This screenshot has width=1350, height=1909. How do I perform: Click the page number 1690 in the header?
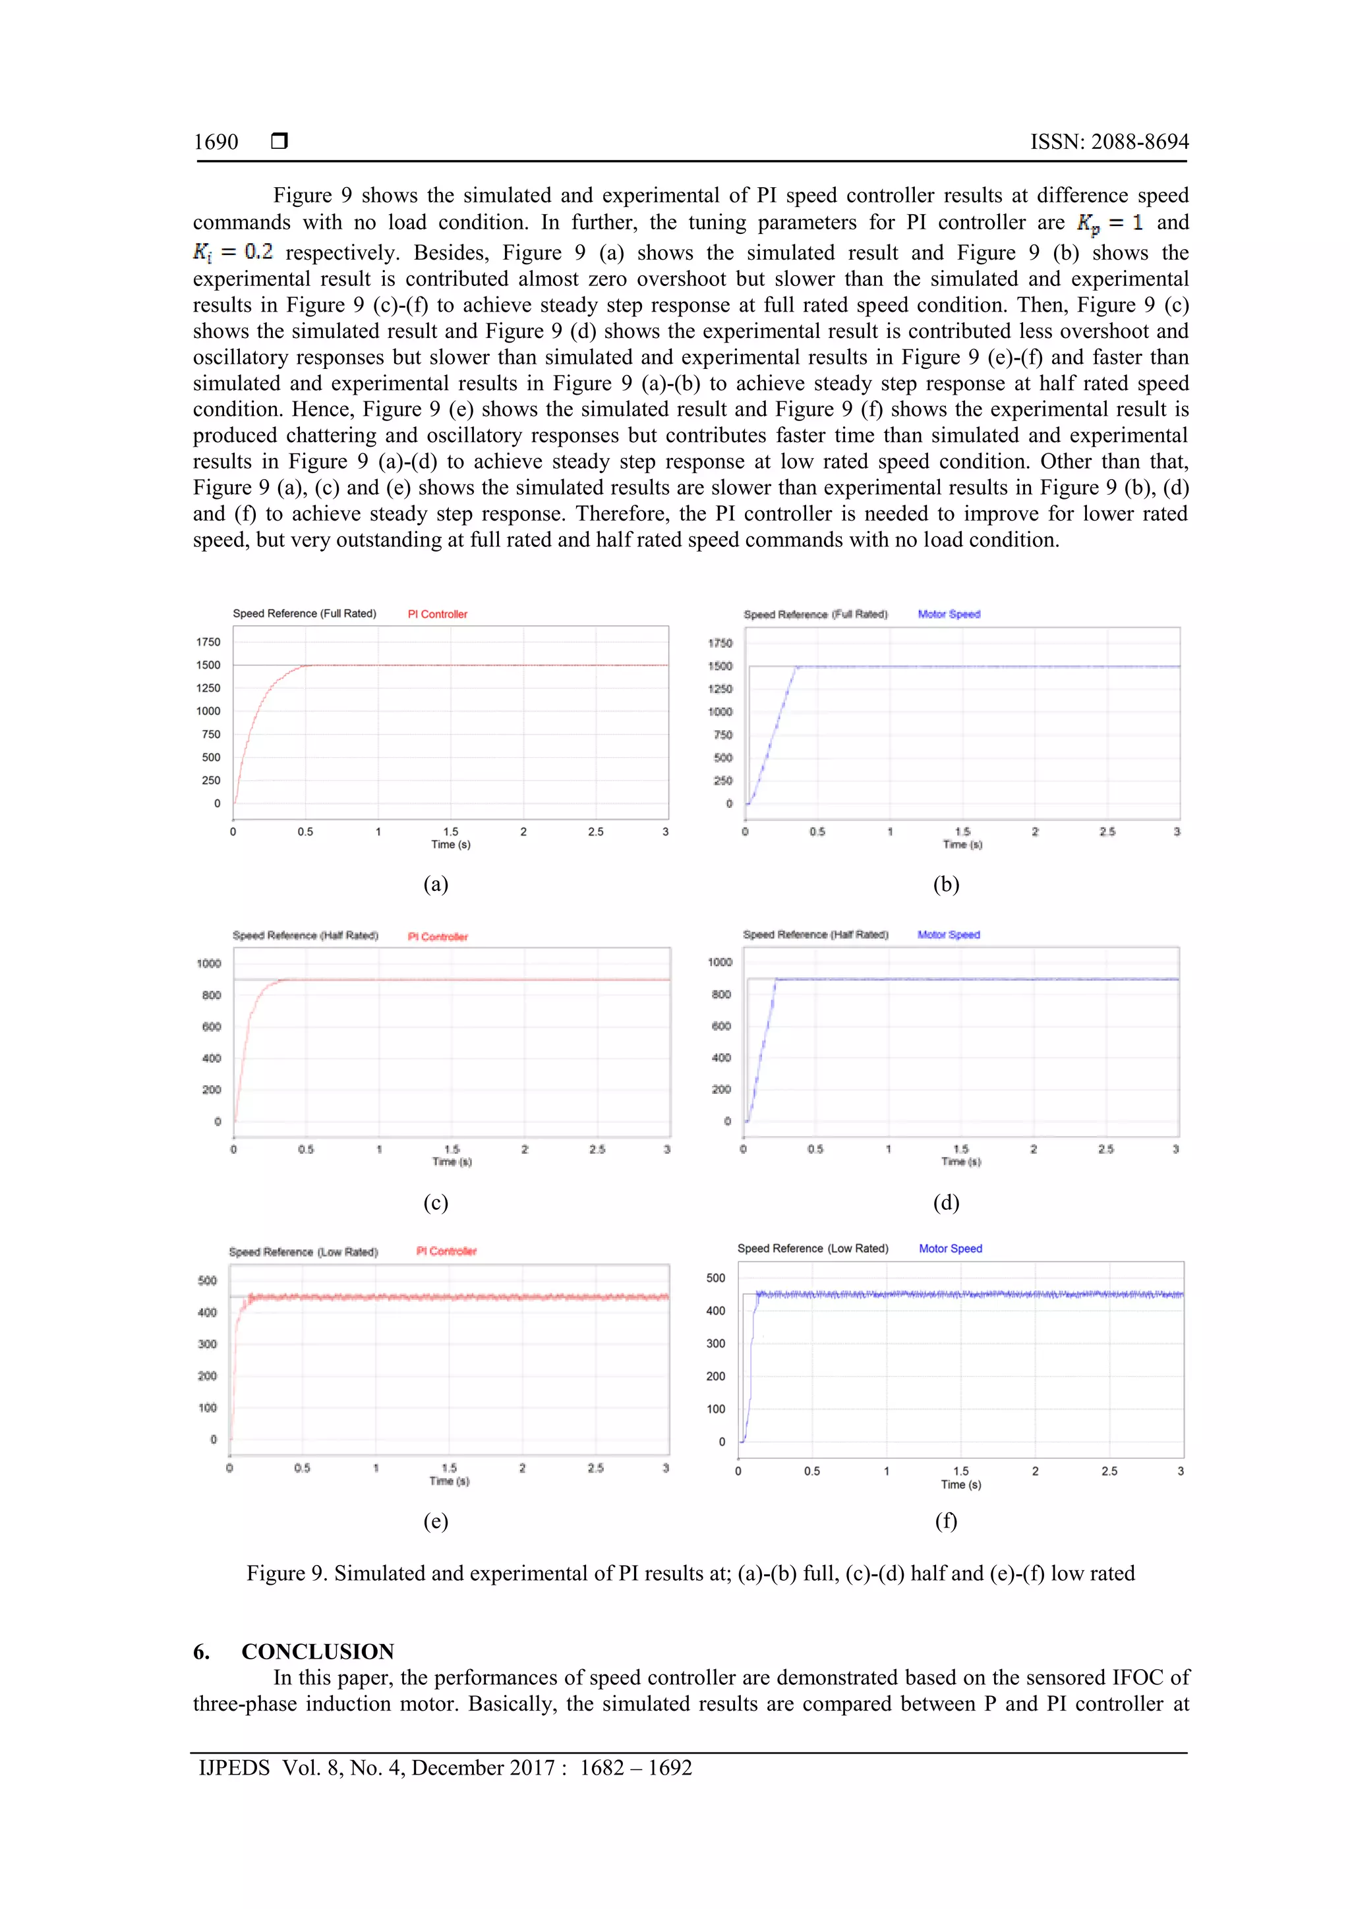tap(216, 142)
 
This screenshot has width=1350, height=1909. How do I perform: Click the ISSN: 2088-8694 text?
tap(1109, 142)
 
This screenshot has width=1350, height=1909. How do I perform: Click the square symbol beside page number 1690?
tap(279, 141)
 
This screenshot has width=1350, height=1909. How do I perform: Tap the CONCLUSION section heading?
tap(317, 1651)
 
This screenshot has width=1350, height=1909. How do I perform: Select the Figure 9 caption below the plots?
tap(690, 1572)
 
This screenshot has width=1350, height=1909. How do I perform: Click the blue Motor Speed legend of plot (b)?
tap(949, 614)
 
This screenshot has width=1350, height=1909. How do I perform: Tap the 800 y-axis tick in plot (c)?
tap(212, 995)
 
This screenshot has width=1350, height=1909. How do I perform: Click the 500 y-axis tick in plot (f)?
tap(715, 1278)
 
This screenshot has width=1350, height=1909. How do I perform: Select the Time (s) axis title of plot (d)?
tap(960, 1162)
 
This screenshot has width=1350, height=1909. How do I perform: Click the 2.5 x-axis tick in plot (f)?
tap(1109, 1471)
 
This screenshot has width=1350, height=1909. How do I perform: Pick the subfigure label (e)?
tap(435, 1521)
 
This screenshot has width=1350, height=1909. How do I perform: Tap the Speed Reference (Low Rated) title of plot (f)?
tap(813, 1249)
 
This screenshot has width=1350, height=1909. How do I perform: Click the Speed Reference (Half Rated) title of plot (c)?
tap(305, 935)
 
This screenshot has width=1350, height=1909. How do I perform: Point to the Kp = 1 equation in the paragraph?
tap(1109, 223)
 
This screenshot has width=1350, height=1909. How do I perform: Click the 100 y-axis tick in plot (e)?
tap(207, 1408)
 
